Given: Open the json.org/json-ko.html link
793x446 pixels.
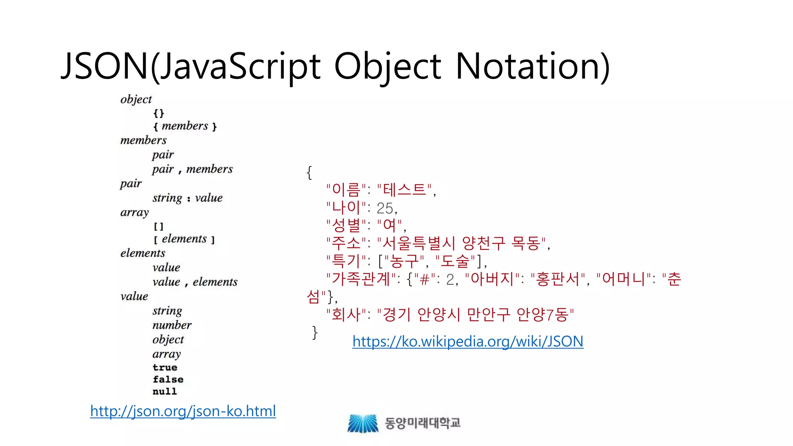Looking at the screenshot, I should tap(183, 411).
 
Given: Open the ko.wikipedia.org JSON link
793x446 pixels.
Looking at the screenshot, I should tap(468, 341).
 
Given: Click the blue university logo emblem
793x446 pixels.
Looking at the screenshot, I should tap(363, 423).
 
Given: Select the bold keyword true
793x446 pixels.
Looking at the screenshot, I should tap(165, 367).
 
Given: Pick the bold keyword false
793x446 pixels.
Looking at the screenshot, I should tap(168, 379).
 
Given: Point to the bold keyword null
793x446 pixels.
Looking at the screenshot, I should tap(165, 391).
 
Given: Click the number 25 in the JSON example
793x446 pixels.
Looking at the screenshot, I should tap(385, 208).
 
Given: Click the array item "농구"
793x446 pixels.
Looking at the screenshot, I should tap(404, 261).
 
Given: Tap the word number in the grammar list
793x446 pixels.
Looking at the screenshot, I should tap(172, 325).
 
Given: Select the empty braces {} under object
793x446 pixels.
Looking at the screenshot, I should tap(159, 113).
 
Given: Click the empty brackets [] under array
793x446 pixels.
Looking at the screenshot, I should tap(159, 226).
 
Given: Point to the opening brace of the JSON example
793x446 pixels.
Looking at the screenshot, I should tap(309, 172).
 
